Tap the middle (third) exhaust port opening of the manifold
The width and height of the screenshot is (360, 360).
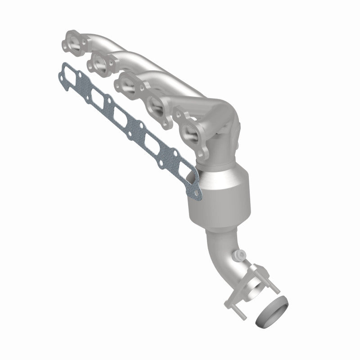(127, 85)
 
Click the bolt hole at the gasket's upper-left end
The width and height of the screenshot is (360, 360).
(61, 69)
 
